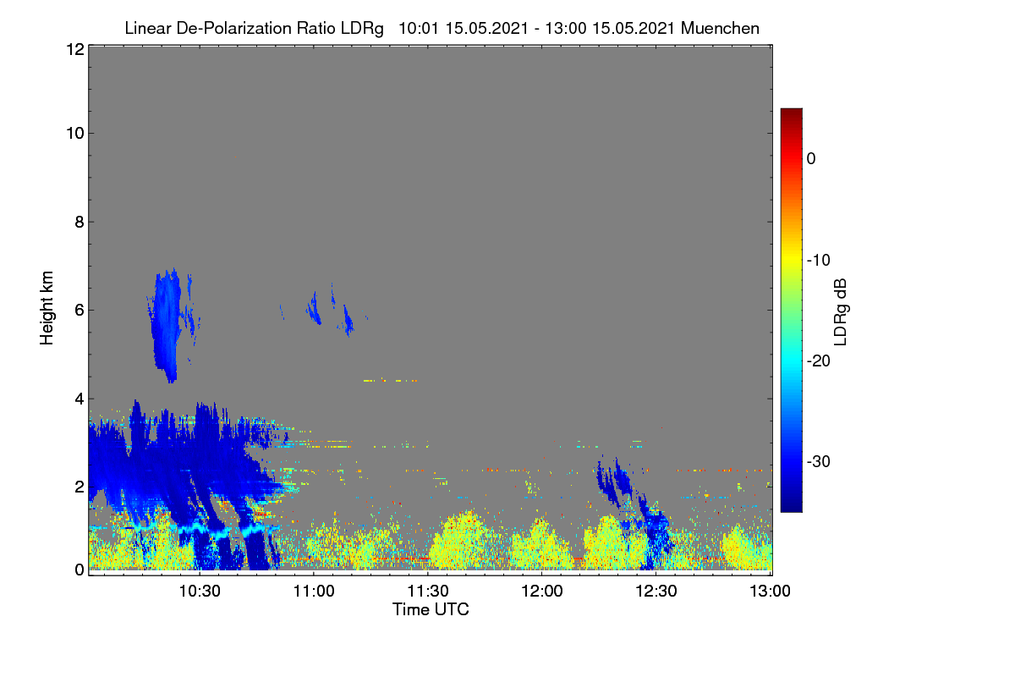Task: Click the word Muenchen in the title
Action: (720, 28)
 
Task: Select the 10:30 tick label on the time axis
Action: (200, 592)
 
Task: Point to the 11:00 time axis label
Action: (314, 592)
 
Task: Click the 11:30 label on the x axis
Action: (428, 592)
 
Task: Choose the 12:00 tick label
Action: (542, 592)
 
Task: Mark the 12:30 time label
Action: (656, 592)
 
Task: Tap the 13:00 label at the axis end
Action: (770, 592)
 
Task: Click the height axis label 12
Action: (75, 49)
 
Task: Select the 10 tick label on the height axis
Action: (75, 134)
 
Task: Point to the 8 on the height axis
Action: (80, 223)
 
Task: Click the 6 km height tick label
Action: (80, 311)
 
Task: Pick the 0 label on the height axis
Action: (80, 570)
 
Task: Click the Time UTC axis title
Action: (431, 609)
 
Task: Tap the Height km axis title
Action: (47, 308)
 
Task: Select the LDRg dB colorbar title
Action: (841, 312)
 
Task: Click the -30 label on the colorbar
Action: (819, 461)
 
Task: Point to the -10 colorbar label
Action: (819, 261)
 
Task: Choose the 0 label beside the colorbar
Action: (811, 159)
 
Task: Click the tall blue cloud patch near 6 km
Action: (167, 324)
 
